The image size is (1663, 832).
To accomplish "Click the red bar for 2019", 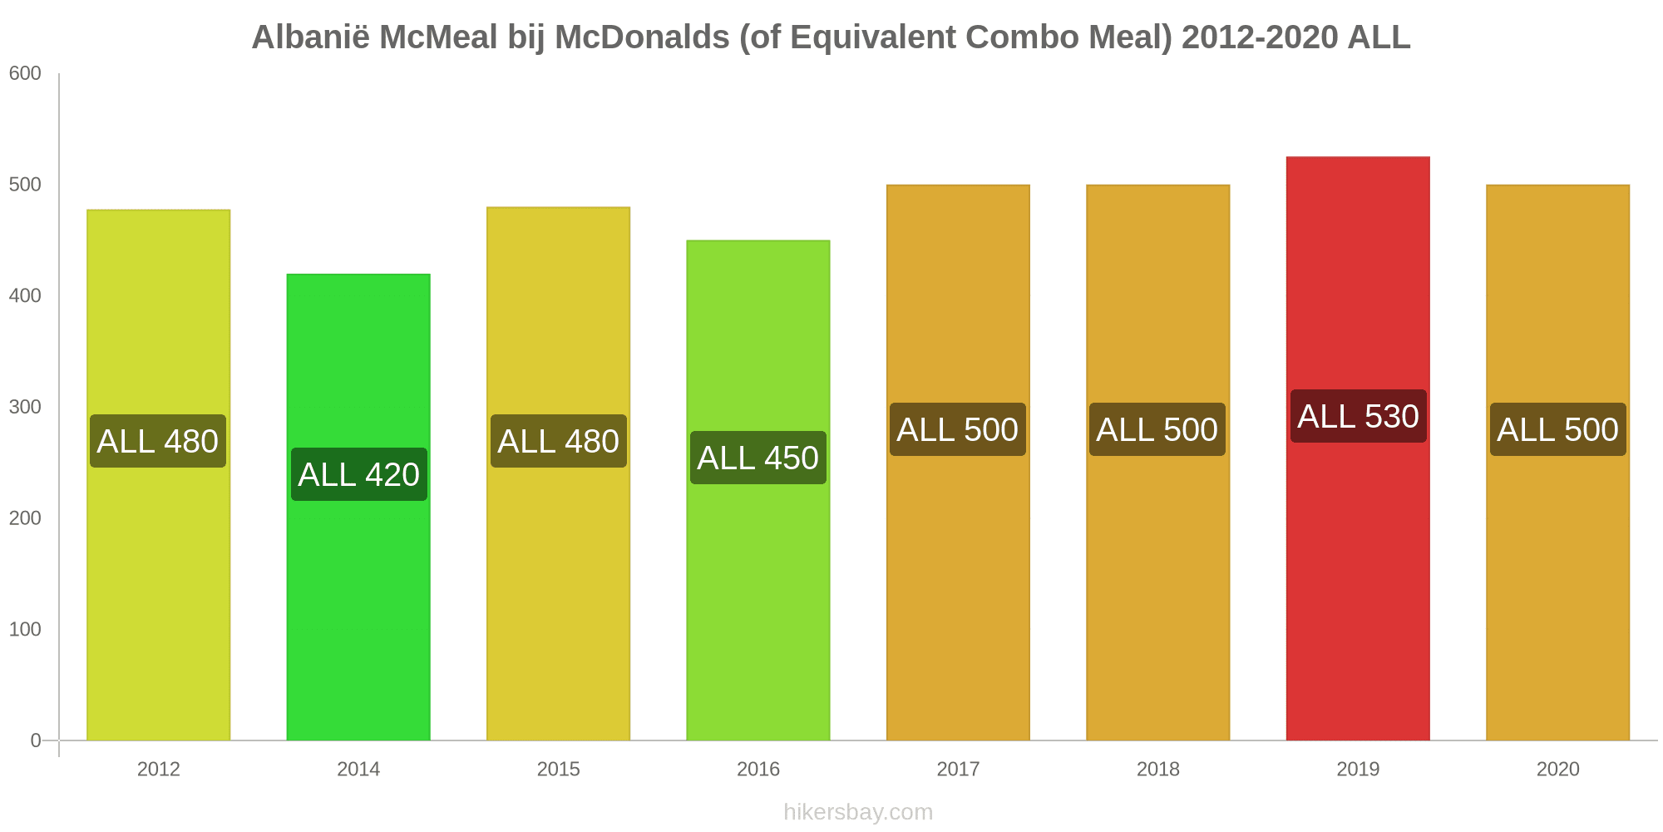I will coord(1358,582).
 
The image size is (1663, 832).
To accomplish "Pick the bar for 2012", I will coord(158,582).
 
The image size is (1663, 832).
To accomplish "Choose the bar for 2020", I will coord(1557,582).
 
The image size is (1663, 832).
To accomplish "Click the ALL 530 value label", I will coord(1358,416).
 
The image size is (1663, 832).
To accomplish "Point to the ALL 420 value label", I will coord(358,474).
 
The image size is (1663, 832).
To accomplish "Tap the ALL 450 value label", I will coord(758,458).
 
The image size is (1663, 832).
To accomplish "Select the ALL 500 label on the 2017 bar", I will coord(957,429).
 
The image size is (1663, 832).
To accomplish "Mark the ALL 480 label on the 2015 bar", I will coord(558,441).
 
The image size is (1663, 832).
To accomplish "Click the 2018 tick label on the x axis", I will coord(1157,769).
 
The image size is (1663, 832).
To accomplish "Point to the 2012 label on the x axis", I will coord(158,769).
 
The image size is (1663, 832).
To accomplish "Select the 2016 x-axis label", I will coord(758,769).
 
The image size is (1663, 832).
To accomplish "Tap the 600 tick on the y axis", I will coord(25,73).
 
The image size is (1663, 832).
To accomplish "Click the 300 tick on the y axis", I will coord(25,407).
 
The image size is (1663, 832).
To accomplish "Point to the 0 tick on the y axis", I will coord(36,740).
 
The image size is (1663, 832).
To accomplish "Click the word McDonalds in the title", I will coord(642,37).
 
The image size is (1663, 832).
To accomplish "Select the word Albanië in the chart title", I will coord(310,37).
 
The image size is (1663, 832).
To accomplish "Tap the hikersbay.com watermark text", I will coord(858,812).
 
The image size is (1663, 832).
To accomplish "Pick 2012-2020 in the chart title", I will coord(1259,37).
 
